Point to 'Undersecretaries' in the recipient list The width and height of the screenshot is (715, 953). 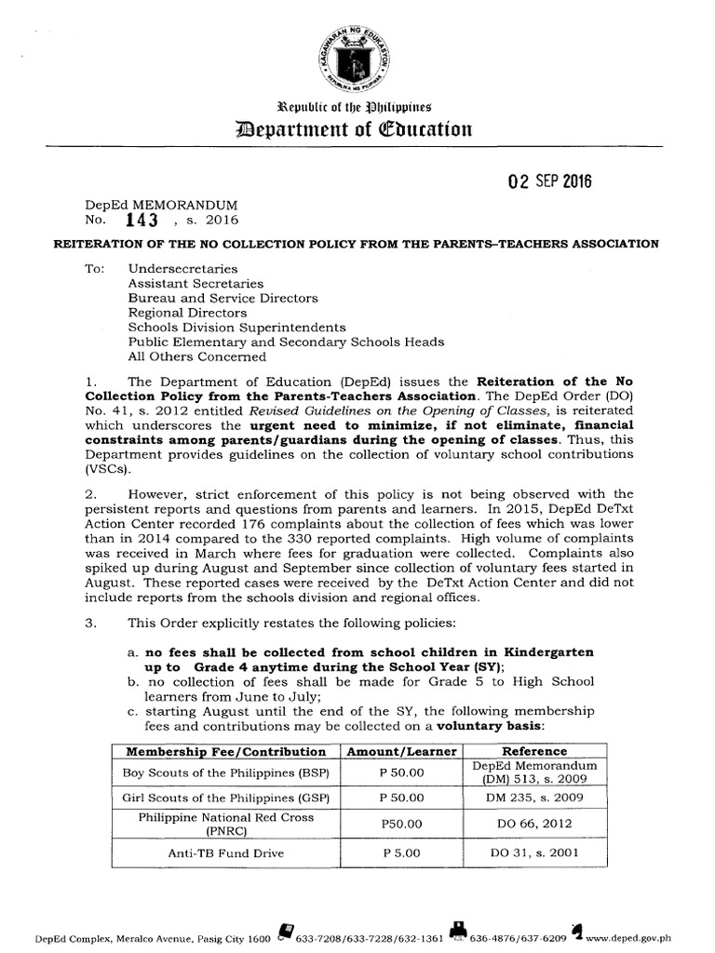(182, 268)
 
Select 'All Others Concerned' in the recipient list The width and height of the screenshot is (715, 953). (196, 356)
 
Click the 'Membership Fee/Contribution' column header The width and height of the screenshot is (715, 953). (225, 751)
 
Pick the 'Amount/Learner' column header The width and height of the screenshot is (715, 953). (402, 751)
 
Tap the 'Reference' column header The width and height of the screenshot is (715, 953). (534, 751)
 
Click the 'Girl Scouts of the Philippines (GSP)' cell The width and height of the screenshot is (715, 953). (225, 798)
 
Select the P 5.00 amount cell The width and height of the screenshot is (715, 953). (402, 852)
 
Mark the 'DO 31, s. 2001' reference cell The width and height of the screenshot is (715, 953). (534, 852)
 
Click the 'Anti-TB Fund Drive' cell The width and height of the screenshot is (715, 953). (225, 852)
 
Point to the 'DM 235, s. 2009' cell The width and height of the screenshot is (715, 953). (534, 798)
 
